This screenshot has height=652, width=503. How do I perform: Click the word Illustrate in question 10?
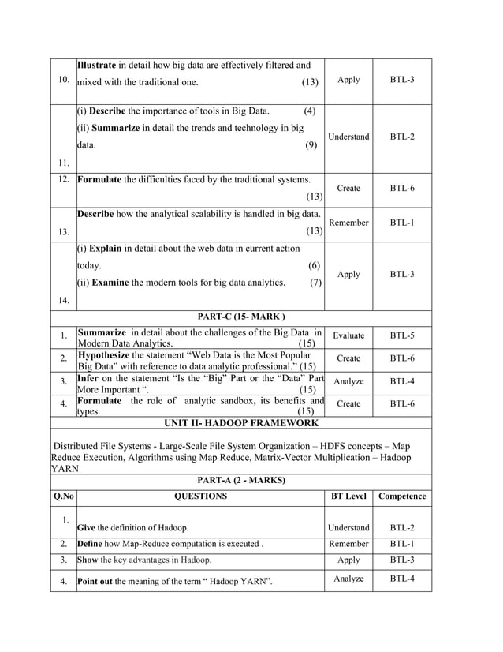(97, 65)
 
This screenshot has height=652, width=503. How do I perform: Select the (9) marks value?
(311, 145)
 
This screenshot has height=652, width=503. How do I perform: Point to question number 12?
(63, 179)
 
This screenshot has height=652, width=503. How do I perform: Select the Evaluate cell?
(348, 335)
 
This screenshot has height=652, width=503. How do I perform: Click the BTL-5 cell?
(402, 335)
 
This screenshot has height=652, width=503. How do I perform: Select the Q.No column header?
(63, 496)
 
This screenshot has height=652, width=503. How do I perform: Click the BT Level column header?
(348, 496)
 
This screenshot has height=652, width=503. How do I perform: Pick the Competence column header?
(402, 496)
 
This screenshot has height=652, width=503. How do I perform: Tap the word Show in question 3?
(88, 560)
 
